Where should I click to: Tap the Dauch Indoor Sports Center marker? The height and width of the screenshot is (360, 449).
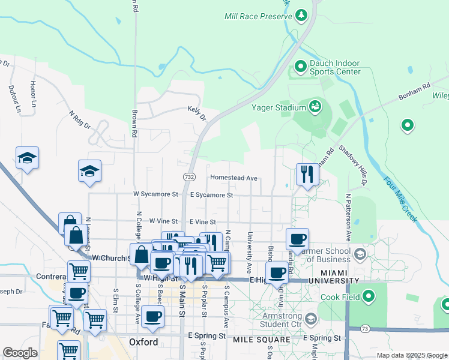click(301, 65)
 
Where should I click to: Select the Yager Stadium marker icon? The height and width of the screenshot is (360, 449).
click(315, 107)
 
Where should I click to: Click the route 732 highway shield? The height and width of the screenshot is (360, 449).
click(189, 177)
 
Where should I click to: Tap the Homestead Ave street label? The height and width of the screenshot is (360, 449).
click(234, 178)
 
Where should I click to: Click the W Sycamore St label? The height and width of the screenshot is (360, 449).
click(155, 194)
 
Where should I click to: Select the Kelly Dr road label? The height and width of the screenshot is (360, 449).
click(196, 113)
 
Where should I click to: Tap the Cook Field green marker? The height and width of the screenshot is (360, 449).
click(367, 296)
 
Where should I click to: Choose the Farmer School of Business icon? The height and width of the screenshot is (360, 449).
click(360, 253)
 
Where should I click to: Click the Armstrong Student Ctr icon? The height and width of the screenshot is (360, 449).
click(310, 318)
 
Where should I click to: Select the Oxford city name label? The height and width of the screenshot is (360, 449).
click(143, 342)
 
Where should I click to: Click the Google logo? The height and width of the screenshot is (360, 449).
click(20, 352)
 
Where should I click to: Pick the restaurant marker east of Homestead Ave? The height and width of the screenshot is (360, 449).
click(307, 175)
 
